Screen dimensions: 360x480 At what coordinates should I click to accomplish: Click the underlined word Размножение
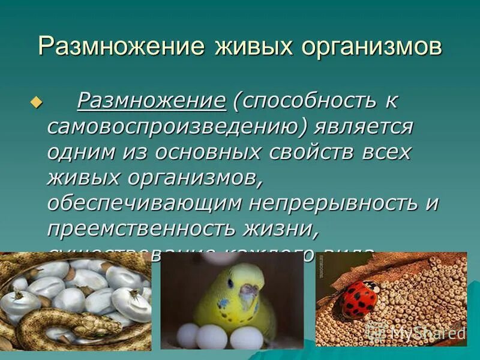click(x=152, y=101)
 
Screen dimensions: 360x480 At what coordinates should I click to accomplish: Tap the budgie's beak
click(x=248, y=293)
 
